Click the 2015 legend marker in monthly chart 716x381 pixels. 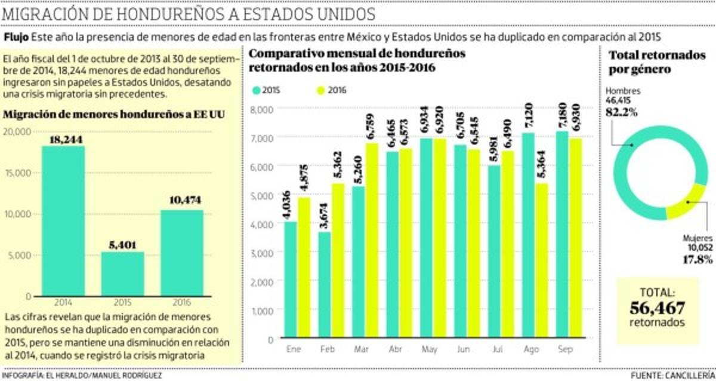point(256,90)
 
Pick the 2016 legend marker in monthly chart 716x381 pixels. point(319,90)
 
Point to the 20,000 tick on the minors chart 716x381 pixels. point(18,132)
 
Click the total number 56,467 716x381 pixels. point(657,308)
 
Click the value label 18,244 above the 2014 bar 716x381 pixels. point(63,139)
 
